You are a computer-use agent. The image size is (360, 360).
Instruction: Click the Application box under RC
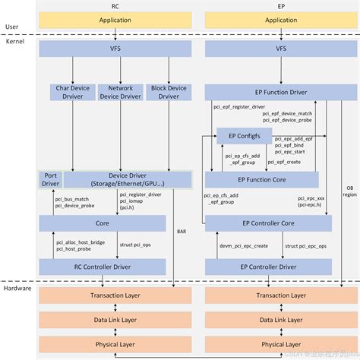coord(114,21)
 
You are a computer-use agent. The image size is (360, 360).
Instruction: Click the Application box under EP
coord(282,21)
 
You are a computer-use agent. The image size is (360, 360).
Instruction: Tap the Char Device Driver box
coord(71,93)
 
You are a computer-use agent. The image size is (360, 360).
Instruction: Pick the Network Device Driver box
coord(120,93)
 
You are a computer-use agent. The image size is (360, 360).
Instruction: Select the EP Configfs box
coord(245,136)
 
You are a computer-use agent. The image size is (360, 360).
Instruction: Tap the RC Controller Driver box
coord(103,267)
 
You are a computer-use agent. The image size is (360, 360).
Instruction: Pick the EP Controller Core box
coord(268,223)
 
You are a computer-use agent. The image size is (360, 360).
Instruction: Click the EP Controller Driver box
coord(268,267)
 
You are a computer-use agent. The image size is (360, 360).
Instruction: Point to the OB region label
coord(348,189)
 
